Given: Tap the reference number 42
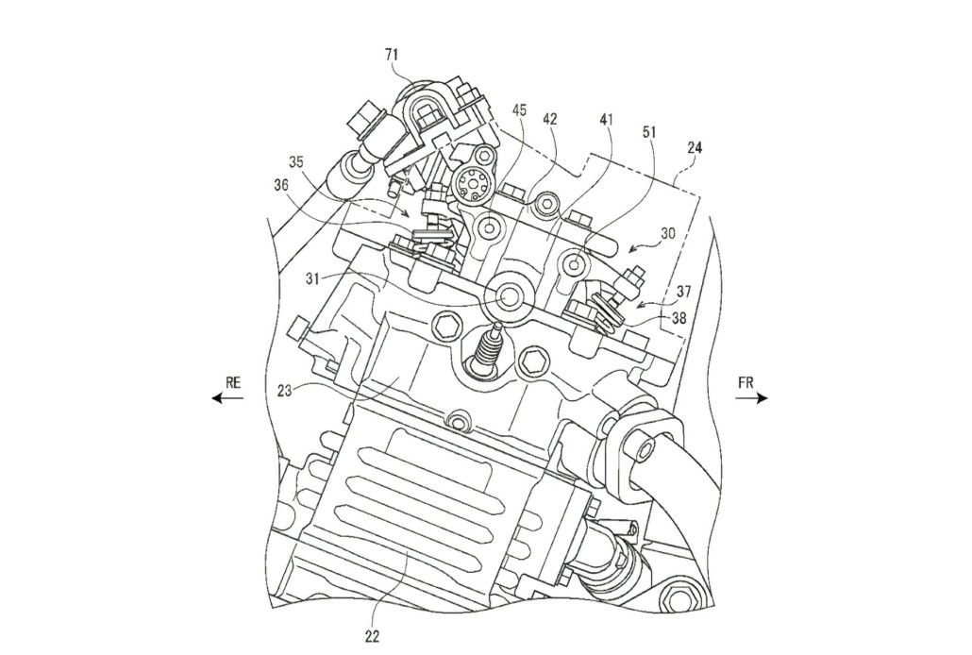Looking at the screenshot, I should (551, 120).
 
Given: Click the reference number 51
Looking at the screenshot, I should (652, 133).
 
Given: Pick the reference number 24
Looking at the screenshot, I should (695, 147).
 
